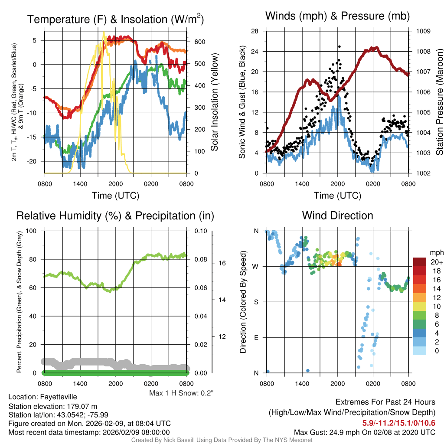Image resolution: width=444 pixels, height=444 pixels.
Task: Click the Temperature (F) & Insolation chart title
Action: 115,19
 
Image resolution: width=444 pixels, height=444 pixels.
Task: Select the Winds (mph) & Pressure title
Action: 337,16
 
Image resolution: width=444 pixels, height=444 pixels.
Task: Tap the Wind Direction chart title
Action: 337,215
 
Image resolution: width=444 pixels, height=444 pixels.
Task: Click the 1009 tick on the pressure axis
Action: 423,31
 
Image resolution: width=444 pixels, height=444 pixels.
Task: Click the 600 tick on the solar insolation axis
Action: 199,42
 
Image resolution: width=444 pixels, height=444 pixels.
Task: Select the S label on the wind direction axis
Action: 256,302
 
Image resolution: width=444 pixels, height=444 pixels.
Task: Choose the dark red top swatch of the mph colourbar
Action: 421,262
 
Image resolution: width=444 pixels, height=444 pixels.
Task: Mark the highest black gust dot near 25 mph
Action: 340,46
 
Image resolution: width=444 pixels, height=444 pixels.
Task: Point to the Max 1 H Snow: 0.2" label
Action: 181,393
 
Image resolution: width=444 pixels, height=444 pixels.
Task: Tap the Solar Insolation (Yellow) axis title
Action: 214,102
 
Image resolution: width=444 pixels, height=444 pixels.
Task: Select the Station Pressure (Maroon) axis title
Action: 439,102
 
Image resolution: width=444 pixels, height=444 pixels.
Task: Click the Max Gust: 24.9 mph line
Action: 364,432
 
